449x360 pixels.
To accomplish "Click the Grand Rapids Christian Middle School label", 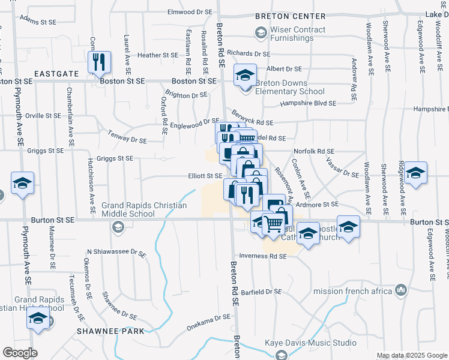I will [x=144, y=209].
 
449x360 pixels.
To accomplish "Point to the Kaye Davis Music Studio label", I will [x=310, y=344].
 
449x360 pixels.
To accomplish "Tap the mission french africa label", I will [x=351, y=292].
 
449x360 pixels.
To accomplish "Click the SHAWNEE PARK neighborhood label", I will [x=110, y=331].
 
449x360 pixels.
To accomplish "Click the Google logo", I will [x=20, y=353].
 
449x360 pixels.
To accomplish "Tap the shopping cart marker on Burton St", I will [x=274, y=224].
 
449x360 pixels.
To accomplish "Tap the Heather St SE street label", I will [x=158, y=55].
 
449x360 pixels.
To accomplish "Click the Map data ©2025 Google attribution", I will [x=412, y=356].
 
